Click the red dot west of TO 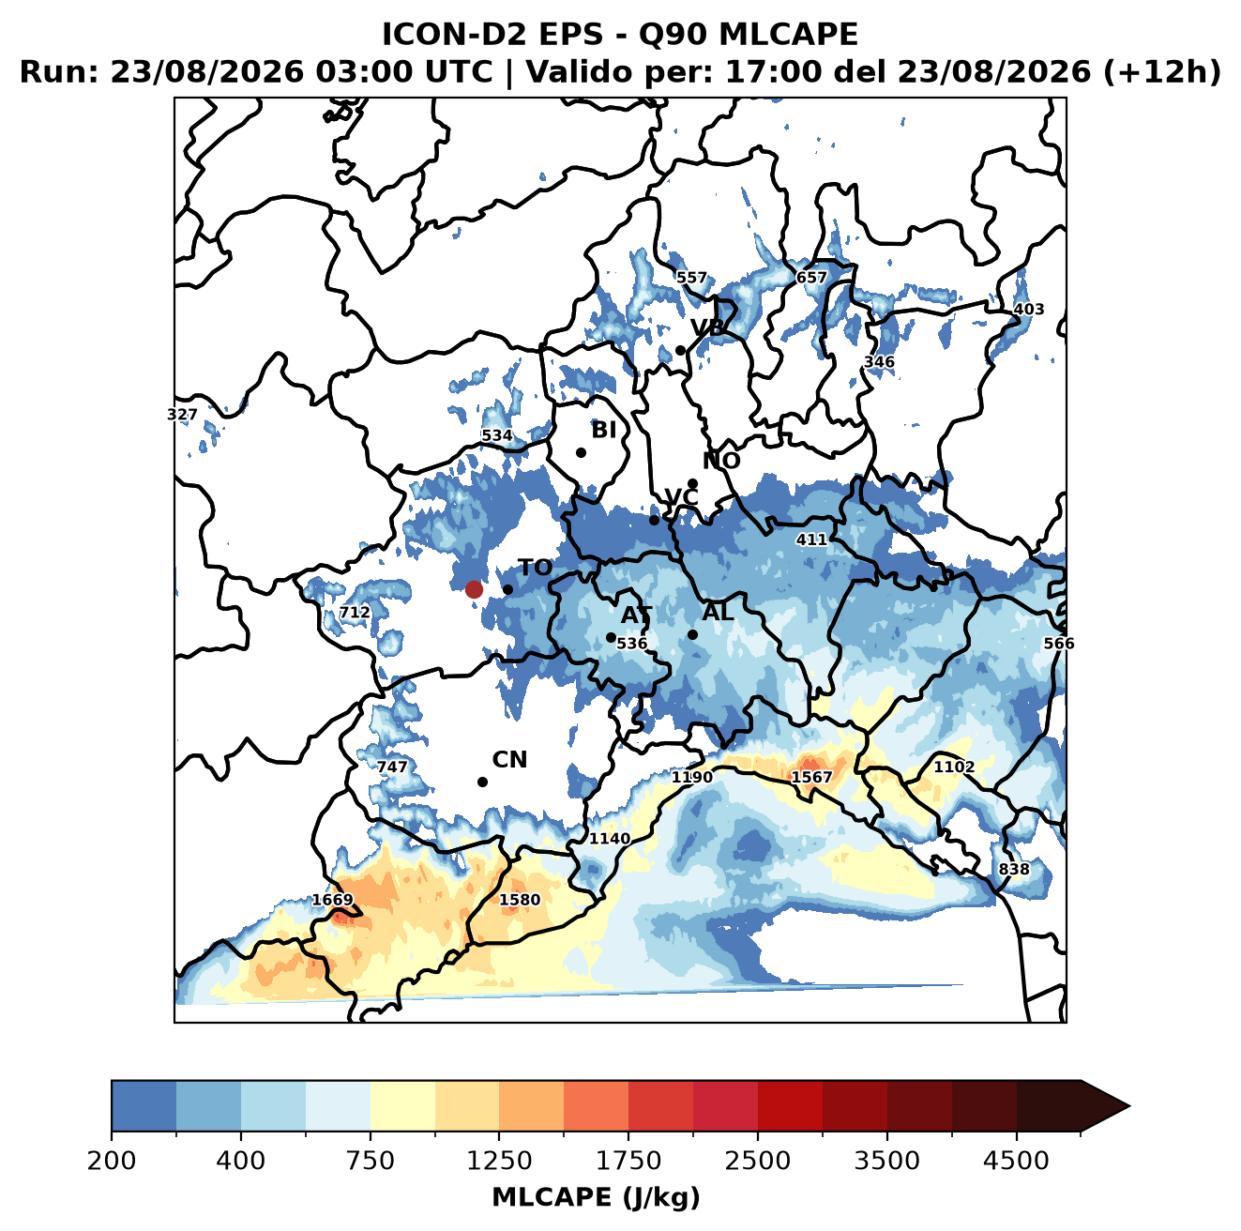[x=474, y=589]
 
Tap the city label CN [x=509, y=760]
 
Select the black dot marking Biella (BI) [x=581, y=453]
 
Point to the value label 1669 [x=332, y=900]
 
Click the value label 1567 [x=811, y=778]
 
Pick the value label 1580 [x=520, y=899]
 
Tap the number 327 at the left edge [x=182, y=415]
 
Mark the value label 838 [x=1014, y=870]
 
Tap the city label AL [x=719, y=613]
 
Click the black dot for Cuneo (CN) [x=482, y=782]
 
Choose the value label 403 [x=1028, y=310]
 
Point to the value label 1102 [x=954, y=767]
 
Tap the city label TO [x=536, y=569]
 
